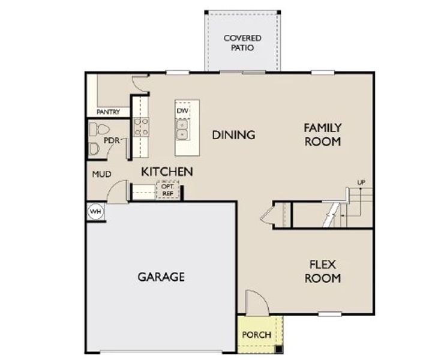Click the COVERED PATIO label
(242, 43)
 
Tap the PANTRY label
(108, 112)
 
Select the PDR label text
(112, 140)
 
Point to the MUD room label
(99, 175)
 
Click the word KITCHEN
(167, 172)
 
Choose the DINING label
(233, 135)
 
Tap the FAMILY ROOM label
(322, 134)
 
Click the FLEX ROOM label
(322, 271)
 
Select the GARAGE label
(161, 277)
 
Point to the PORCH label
(256, 335)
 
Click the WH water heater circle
(95, 212)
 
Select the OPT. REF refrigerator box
(167, 190)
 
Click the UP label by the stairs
(361, 182)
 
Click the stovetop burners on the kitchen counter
(141, 127)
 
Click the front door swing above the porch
(255, 302)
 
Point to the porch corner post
(278, 349)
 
